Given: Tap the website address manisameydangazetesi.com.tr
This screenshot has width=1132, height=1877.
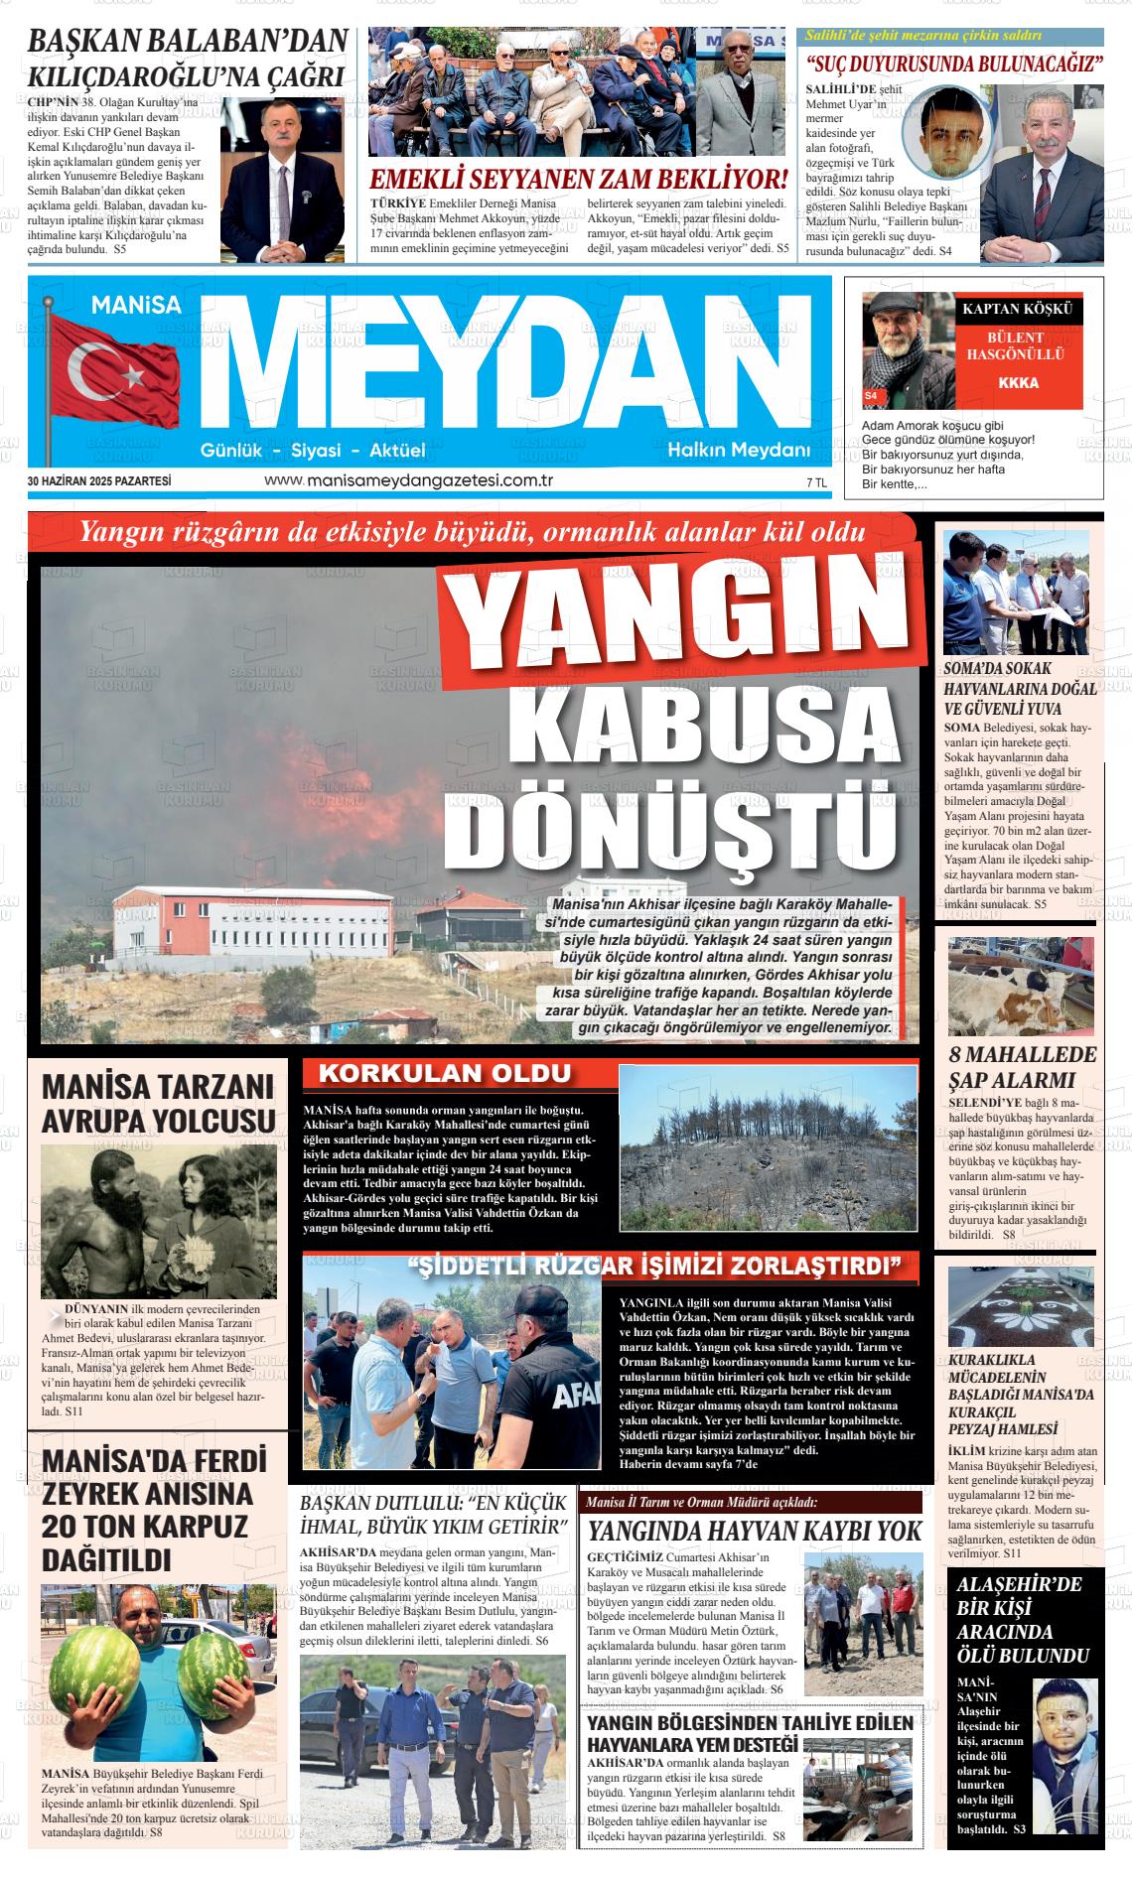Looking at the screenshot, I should pyautogui.click(x=408, y=480).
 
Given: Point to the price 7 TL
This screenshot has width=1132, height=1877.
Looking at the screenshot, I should pyautogui.click(x=816, y=482).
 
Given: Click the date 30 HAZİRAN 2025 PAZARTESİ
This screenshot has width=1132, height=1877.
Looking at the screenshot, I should pyautogui.click(x=99, y=481).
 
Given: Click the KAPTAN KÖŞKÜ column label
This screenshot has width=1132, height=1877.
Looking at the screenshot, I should pyautogui.click(x=1018, y=309).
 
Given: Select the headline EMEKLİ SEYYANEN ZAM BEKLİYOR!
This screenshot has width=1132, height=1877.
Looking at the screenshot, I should pyautogui.click(x=578, y=180).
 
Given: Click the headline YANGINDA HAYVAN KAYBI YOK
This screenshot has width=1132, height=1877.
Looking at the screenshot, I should pyautogui.click(x=755, y=1532).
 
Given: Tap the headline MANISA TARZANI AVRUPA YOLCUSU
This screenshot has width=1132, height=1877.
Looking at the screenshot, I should pyautogui.click(x=158, y=1103).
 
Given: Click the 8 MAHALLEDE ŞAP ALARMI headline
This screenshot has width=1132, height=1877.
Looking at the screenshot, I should pyautogui.click(x=1022, y=1067).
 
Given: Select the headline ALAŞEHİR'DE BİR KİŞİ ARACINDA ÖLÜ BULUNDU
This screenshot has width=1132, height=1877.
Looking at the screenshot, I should pyautogui.click(x=1021, y=1620).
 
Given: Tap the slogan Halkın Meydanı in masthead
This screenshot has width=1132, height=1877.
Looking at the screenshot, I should pyautogui.click(x=739, y=451).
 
